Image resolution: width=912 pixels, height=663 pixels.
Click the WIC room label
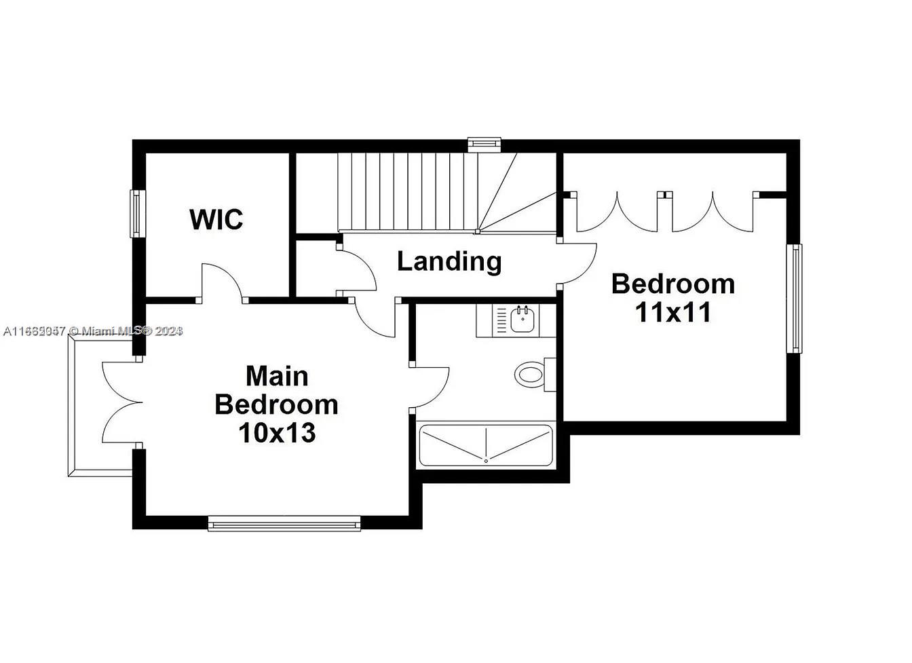click(x=216, y=219)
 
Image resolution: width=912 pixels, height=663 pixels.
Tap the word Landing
click(x=449, y=261)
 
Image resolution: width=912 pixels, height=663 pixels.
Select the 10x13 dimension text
click(x=277, y=432)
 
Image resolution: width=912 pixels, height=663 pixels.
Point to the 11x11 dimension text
click(x=672, y=311)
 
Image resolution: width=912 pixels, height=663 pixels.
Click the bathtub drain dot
click(x=487, y=461)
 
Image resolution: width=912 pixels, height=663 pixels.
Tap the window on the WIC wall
click(x=136, y=213)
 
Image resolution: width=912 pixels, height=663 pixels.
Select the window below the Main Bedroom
click(x=284, y=523)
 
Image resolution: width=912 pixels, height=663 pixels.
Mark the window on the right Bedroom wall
click(x=794, y=299)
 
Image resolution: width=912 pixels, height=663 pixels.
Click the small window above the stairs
click(x=484, y=143)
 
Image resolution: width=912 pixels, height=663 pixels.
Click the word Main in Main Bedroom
click(x=277, y=375)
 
